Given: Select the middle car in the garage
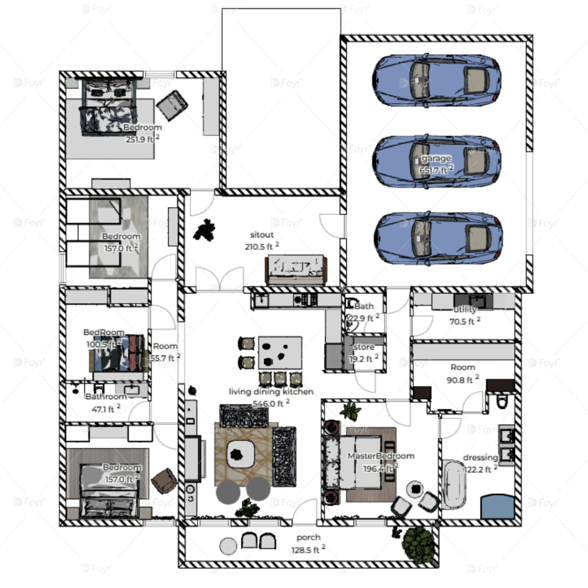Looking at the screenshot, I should click(437, 163).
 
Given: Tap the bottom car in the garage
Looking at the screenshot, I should click(438, 238).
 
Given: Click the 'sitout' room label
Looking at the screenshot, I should click(262, 235).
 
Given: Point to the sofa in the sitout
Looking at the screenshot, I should click(296, 270).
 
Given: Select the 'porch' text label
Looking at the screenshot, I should click(308, 538).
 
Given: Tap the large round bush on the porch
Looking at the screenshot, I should click(419, 543).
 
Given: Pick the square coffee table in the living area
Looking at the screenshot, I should click(239, 453).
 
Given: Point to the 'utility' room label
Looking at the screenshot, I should click(465, 310).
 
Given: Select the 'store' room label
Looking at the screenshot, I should click(364, 347).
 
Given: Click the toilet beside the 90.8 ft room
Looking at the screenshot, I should click(502, 401).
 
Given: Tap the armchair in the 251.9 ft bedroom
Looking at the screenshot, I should click(172, 105).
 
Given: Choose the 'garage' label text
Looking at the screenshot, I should click(436, 158).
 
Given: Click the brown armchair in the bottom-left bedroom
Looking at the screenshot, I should click(164, 481).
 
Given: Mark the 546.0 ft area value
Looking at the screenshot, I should click(268, 404).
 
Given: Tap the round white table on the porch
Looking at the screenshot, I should click(228, 545).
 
